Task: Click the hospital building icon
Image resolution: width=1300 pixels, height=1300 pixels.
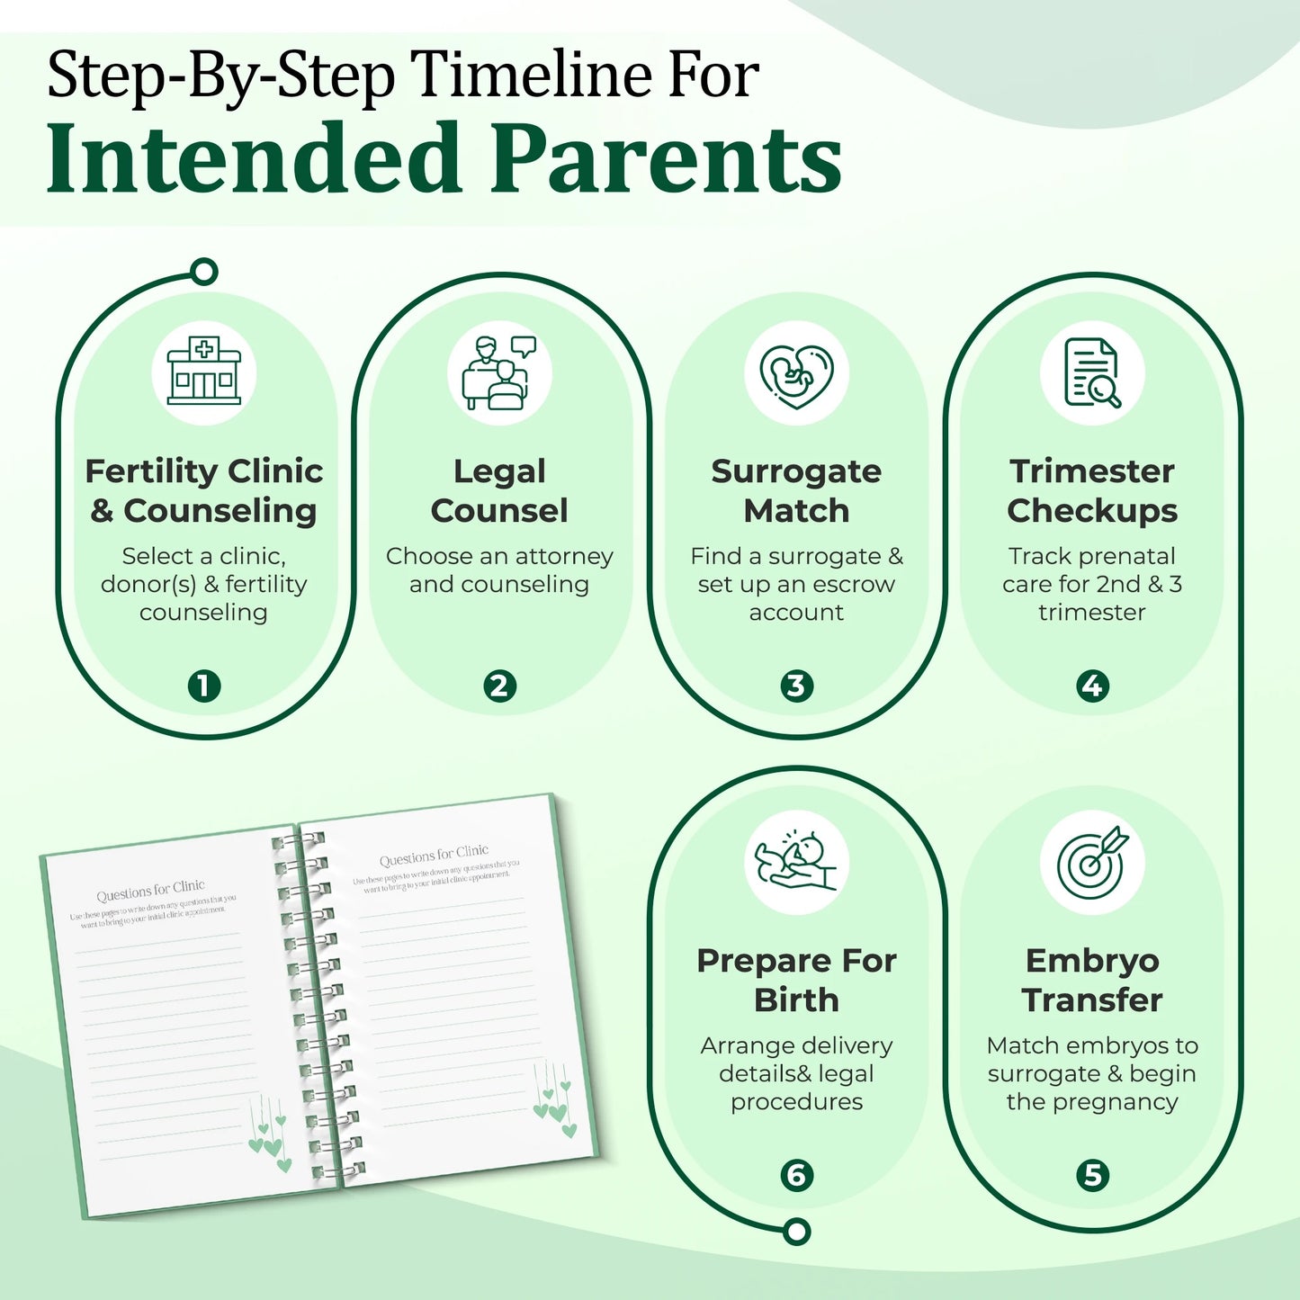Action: click(x=204, y=372)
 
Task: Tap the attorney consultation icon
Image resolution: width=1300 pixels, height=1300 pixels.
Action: click(x=499, y=372)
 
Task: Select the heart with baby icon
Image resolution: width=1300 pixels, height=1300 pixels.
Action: click(x=796, y=373)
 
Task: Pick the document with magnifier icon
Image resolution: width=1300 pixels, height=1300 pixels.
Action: click(x=1092, y=372)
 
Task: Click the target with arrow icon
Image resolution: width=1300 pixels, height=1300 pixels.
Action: click(x=1092, y=863)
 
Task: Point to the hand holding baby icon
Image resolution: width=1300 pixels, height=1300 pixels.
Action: click(x=796, y=862)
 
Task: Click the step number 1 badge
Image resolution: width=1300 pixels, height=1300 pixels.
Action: click(x=204, y=686)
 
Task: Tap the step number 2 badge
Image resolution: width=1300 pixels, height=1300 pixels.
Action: click(x=499, y=686)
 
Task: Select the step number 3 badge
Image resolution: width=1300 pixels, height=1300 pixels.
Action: click(x=796, y=686)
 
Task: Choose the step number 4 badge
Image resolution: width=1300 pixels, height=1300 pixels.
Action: click(x=1092, y=686)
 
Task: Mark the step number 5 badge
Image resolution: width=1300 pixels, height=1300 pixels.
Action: click(x=1092, y=1175)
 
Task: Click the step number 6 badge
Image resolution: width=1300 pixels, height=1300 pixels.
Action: click(x=796, y=1175)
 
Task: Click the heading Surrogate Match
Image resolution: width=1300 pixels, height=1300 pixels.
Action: click(x=796, y=490)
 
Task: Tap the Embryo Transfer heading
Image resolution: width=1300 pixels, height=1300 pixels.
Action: click(x=1092, y=980)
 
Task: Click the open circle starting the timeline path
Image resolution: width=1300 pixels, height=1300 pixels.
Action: click(x=205, y=272)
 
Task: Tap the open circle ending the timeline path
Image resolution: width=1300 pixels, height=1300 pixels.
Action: click(x=796, y=1232)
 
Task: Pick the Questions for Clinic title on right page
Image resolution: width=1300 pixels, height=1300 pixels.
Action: click(x=434, y=854)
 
